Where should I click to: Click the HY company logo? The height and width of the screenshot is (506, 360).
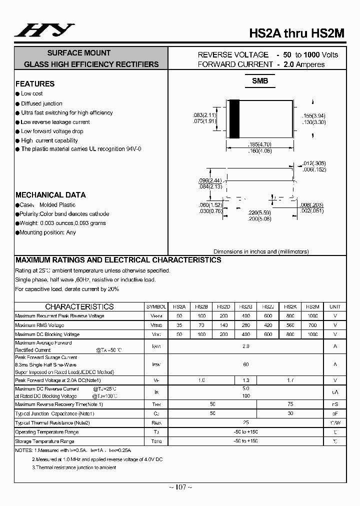click(x=44, y=30)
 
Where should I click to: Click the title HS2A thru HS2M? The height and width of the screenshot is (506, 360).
click(x=297, y=33)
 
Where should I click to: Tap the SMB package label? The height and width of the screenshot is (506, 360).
click(x=259, y=81)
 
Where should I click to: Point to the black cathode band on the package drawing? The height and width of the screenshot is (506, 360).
click(x=233, y=119)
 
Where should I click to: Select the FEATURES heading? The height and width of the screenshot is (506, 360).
click(x=35, y=84)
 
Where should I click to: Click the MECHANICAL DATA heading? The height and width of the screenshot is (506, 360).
click(x=50, y=195)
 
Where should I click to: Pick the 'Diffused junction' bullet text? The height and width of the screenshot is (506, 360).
click(x=41, y=103)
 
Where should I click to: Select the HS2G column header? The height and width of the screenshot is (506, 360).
click(x=245, y=306)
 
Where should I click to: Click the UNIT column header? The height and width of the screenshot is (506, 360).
click(x=335, y=306)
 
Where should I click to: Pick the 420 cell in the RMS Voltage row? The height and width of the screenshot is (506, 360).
click(x=267, y=325)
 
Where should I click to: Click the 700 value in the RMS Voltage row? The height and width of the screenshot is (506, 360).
click(x=312, y=325)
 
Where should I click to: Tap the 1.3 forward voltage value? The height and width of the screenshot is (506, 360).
click(x=245, y=380)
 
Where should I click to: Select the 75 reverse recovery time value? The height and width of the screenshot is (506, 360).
click(x=290, y=403)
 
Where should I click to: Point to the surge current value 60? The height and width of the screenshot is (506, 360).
click(x=245, y=364)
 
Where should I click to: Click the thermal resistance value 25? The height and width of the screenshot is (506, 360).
click(x=245, y=422)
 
